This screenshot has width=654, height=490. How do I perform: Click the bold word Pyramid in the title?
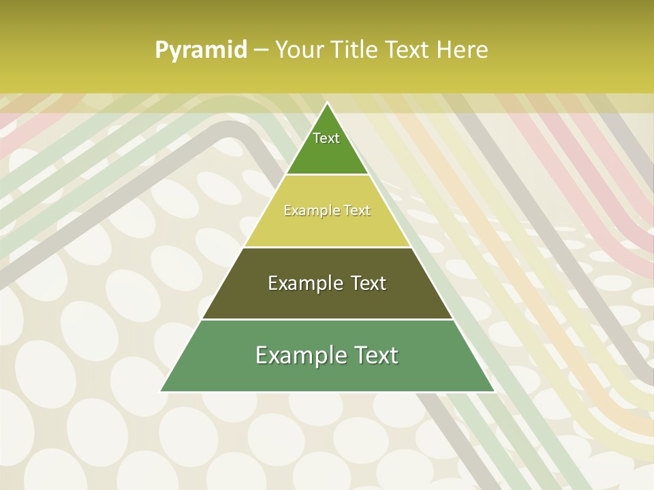[x=200, y=50]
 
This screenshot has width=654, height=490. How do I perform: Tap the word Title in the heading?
[x=356, y=50]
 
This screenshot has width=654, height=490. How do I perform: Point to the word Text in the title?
[x=409, y=50]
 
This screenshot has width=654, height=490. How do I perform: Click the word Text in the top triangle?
[x=326, y=138]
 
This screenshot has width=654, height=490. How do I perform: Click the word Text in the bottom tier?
[x=375, y=355]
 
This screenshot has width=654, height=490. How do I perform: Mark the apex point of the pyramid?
[x=328, y=103]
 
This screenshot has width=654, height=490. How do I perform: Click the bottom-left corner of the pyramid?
[x=161, y=391]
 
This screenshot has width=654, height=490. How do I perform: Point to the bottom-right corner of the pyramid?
[x=495, y=391]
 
